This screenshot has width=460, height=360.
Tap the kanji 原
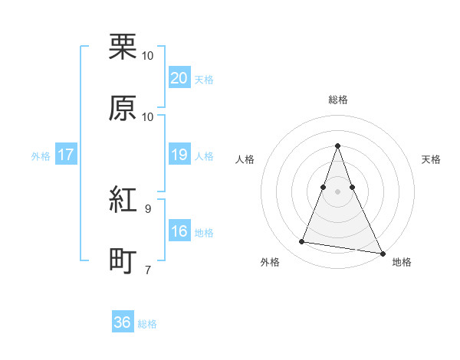tap(123, 108)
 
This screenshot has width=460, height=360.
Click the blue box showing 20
tap(179, 78)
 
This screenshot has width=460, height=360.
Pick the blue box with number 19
tap(179, 155)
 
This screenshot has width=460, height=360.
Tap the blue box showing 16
tap(179, 232)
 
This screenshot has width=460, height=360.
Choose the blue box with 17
tap(65, 155)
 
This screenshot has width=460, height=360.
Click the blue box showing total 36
tap(123, 322)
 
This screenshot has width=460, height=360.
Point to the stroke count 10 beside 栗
tap(148, 55)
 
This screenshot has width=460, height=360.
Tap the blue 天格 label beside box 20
tap(204, 80)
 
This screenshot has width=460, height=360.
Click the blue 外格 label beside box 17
tap(41, 156)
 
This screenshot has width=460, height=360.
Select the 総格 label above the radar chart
tap(337, 100)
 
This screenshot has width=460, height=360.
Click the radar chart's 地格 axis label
tap(402, 262)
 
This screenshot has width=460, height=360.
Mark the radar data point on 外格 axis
tap(301, 242)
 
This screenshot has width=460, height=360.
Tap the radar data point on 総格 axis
tap(337, 146)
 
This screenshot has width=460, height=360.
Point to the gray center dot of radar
tap(337, 191)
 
